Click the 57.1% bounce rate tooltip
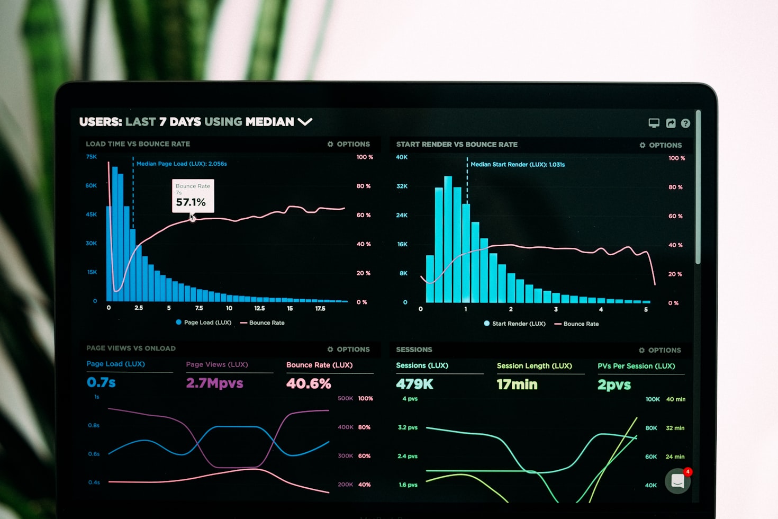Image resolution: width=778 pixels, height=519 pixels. click(x=193, y=196)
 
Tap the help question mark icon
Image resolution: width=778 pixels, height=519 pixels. click(x=685, y=123)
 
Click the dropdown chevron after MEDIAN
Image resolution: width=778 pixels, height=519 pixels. click(x=305, y=122)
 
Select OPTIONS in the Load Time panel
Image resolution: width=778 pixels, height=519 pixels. click(x=349, y=144)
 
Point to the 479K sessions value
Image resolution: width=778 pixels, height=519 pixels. click(x=414, y=384)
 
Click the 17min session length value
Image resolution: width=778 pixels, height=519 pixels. click(x=517, y=384)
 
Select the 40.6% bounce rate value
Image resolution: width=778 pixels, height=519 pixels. click(x=309, y=383)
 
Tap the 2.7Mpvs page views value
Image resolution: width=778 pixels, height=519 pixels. click(x=214, y=383)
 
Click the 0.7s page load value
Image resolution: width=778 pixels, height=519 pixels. click(x=101, y=382)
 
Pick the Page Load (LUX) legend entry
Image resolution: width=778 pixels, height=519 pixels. click(x=204, y=323)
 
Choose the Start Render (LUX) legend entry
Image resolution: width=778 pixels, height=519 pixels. click(x=514, y=324)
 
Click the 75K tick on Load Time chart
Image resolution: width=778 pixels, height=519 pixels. click(x=92, y=157)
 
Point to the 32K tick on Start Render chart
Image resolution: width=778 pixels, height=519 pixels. click(x=402, y=186)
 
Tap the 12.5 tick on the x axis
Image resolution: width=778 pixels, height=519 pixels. click(x=259, y=308)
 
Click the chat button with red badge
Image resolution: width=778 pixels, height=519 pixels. click(x=678, y=480)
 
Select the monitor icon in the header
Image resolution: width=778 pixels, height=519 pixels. click(x=654, y=123)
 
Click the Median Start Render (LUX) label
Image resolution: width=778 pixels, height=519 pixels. click(x=517, y=165)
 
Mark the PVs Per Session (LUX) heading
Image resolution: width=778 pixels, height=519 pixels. click(x=636, y=366)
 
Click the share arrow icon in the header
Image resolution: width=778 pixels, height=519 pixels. click(x=671, y=123)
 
